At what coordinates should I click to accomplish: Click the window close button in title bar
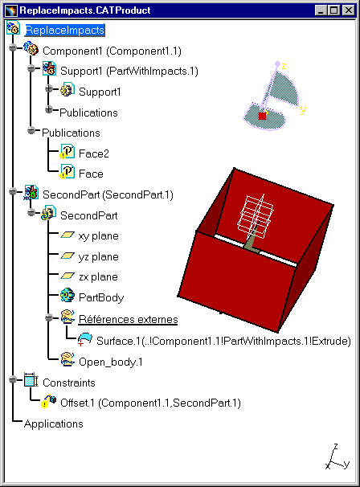pyautogui.click(x=349, y=10)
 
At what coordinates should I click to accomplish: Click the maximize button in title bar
pyautogui.click(x=334, y=10)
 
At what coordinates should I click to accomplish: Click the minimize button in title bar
pyautogui.click(x=321, y=10)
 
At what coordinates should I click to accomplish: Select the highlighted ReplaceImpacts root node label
pyautogui.click(x=64, y=30)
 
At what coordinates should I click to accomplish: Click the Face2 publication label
pyautogui.click(x=94, y=153)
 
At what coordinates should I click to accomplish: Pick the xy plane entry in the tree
pyautogui.click(x=99, y=236)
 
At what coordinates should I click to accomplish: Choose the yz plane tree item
pyautogui.click(x=99, y=257)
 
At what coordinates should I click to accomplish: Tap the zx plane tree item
pyautogui.click(x=98, y=276)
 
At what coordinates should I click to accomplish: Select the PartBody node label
pyautogui.click(x=101, y=297)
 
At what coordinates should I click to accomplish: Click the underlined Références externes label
pyautogui.click(x=128, y=319)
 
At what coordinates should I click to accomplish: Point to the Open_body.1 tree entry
pyautogui.click(x=111, y=362)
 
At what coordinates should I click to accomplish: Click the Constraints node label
pyautogui.click(x=68, y=383)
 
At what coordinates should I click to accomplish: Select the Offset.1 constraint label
pyautogui.click(x=150, y=403)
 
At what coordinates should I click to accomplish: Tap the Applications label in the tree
pyautogui.click(x=53, y=424)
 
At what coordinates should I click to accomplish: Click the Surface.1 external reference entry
pyautogui.click(x=223, y=341)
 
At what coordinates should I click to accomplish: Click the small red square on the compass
pyautogui.click(x=263, y=116)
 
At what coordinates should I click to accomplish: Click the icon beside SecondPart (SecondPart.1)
pyautogui.click(x=31, y=193)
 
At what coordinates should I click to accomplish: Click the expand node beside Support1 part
pyautogui.click(x=49, y=89)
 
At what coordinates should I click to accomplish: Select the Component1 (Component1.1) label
pyautogui.click(x=112, y=51)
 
